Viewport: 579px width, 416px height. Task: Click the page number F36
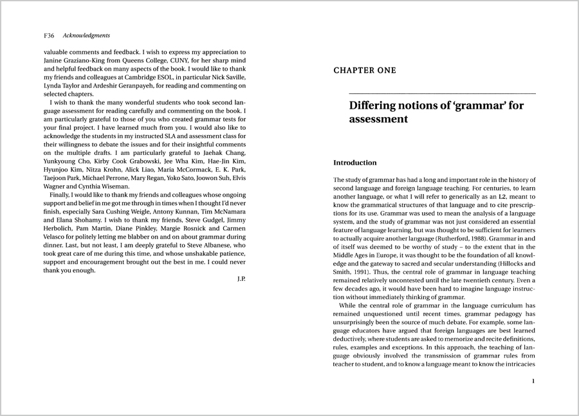point(48,35)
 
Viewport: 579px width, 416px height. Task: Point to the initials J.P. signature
point(242,280)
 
